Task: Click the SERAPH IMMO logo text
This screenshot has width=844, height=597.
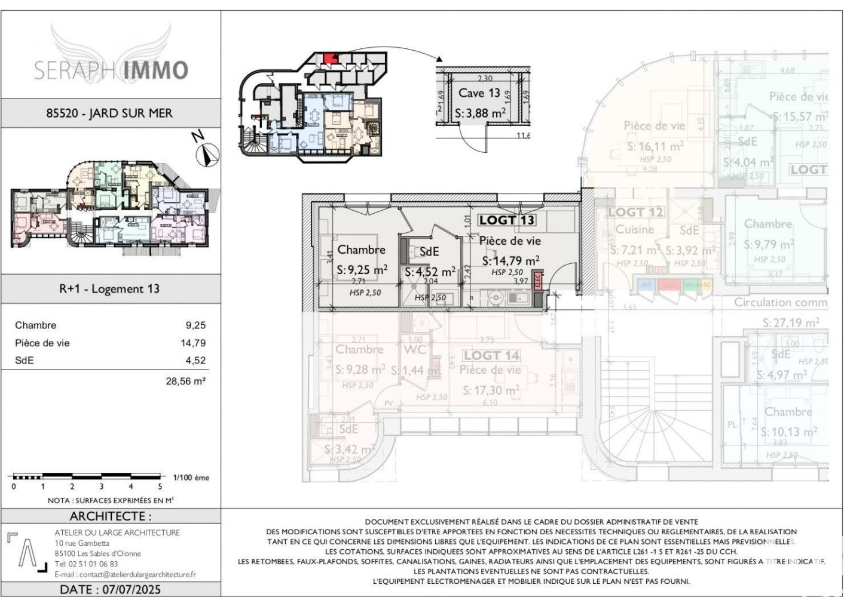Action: pyautogui.click(x=111, y=70)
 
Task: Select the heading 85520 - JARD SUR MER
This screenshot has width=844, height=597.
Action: pyautogui.click(x=109, y=113)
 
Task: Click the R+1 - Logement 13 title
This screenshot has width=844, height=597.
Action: pyautogui.click(x=109, y=289)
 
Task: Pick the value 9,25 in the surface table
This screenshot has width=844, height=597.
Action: pyautogui.click(x=195, y=325)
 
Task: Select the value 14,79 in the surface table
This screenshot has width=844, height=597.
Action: pyautogui.click(x=193, y=343)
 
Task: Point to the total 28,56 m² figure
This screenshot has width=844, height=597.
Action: pyautogui.click(x=185, y=380)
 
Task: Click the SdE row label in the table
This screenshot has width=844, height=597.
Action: pyautogui.click(x=25, y=361)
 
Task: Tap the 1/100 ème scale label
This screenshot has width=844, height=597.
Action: pyautogui.click(x=191, y=478)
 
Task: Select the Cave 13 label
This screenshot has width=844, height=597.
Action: pyautogui.click(x=479, y=93)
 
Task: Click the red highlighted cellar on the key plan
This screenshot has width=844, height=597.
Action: pyautogui.click(x=327, y=58)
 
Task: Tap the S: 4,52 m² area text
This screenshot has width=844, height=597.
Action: pyautogui.click(x=430, y=272)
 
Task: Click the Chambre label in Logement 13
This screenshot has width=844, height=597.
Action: pyautogui.click(x=361, y=250)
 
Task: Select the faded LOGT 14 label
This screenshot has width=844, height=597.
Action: pyautogui.click(x=491, y=356)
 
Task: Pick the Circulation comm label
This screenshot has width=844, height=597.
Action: pyautogui.click(x=780, y=302)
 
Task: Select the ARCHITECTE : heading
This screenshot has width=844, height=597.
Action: pyautogui.click(x=111, y=516)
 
